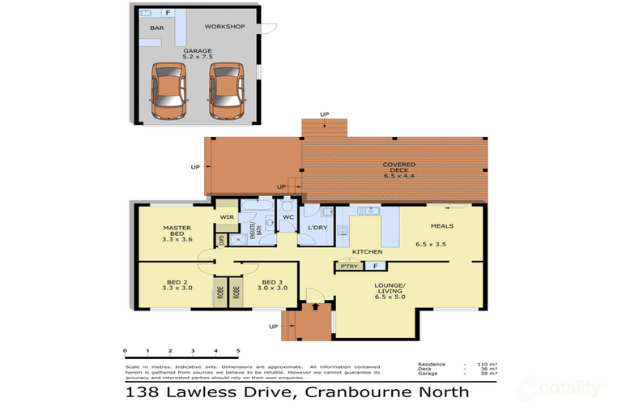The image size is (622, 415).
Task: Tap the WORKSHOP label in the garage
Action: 224,27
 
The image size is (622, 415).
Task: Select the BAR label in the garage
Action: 156,28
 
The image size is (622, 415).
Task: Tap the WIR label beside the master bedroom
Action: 227,217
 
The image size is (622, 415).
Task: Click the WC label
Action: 288,217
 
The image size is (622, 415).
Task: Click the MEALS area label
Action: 441,226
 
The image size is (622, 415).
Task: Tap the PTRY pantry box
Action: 349,265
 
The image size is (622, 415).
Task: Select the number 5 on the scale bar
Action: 238,351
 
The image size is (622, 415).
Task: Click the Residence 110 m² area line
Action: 458,365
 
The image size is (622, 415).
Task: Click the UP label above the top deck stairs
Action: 325,113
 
